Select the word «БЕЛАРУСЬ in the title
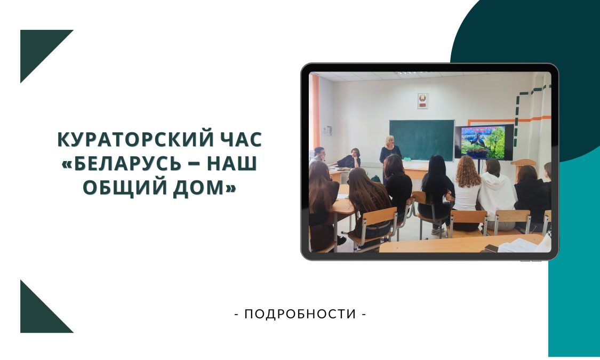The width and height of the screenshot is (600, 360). pyautogui.click(x=121, y=163)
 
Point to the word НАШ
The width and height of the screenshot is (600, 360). pyautogui.click(x=232, y=163)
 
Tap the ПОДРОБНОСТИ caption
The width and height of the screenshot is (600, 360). pyautogui.click(x=300, y=314)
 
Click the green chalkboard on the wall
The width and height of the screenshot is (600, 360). pyautogui.click(x=421, y=140)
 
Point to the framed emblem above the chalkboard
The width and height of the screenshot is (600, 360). pyautogui.click(x=422, y=101)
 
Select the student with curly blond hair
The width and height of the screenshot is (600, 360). pyautogui.click(x=467, y=186)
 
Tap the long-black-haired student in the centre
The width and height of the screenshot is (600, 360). pyautogui.click(x=435, y=191)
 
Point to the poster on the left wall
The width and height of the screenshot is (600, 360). pyautogui.click(x=327, y=131)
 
